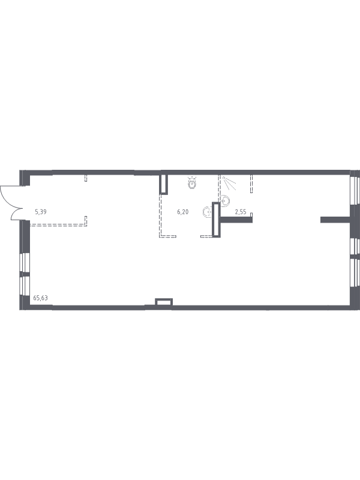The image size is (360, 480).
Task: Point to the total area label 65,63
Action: [40, 298]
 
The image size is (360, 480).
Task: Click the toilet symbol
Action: [192, 183]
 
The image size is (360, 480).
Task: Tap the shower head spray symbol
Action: [229, 182]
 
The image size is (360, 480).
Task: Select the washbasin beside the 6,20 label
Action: [207, 212]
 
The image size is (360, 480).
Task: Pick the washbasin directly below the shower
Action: [226, 200]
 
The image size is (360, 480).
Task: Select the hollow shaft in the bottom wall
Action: [164, 302]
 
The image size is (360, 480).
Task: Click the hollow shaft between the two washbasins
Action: [216, 220]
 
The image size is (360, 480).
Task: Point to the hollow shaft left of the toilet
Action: [164, 184]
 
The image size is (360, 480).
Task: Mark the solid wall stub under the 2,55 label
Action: [236, 220]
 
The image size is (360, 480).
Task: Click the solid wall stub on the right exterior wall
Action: [335, 220]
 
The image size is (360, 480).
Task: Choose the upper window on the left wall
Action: [25, 263]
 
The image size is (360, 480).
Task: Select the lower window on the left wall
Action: [25, 286]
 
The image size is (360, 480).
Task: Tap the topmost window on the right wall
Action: [355, 190]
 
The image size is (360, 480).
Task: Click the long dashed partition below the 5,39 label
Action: [58, 224]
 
